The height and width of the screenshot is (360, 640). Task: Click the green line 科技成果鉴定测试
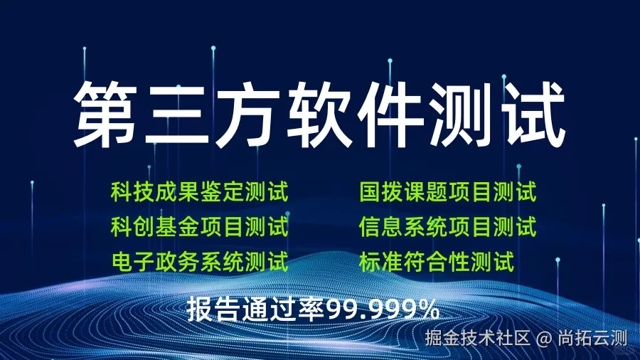[x=199, y=192]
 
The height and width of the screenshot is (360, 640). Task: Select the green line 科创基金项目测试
[x=199, y=228]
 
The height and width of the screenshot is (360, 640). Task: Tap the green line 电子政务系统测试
[x=199, y=263]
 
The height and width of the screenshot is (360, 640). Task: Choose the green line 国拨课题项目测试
[x=447, y=192]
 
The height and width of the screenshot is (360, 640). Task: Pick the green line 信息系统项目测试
[x=447, y=228]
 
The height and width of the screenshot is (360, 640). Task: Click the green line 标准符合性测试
[x=436, y=263]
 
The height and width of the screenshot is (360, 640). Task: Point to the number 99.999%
[x=383, y=309]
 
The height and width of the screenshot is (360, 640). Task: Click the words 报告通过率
[x=256, y=309]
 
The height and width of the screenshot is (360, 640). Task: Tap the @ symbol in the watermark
[x=544, y=337]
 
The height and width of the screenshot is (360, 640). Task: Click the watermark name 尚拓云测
[x=592, y=337]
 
